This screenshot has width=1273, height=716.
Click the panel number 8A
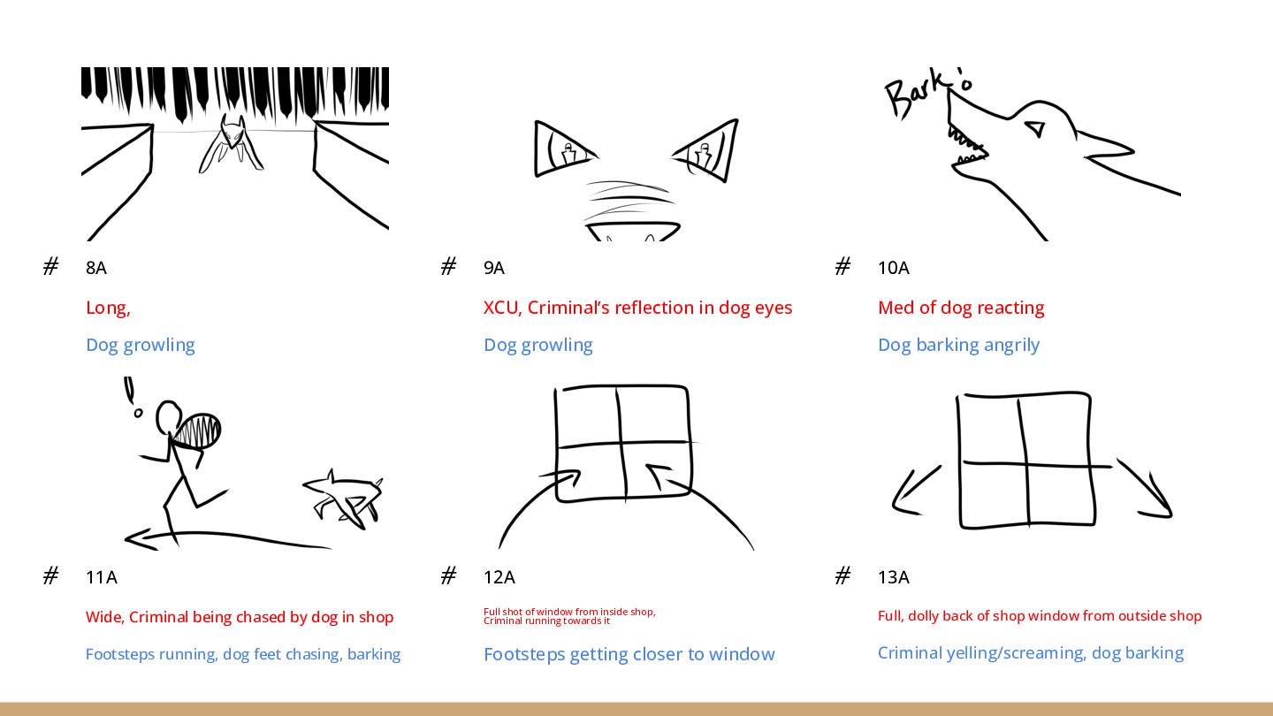click(96, 268)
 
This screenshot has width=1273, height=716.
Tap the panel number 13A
click(893, 577)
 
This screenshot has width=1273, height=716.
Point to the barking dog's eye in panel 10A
click(1033, 130)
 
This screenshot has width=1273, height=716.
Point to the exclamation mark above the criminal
click(131, 396)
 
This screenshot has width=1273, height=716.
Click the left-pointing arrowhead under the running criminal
click(137, 537)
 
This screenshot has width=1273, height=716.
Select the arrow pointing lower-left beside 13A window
click(911, 491)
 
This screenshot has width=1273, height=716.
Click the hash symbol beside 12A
click(448, 576)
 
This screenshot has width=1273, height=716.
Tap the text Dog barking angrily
click(958, 345)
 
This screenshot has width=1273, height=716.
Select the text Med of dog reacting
click(961, 308)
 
